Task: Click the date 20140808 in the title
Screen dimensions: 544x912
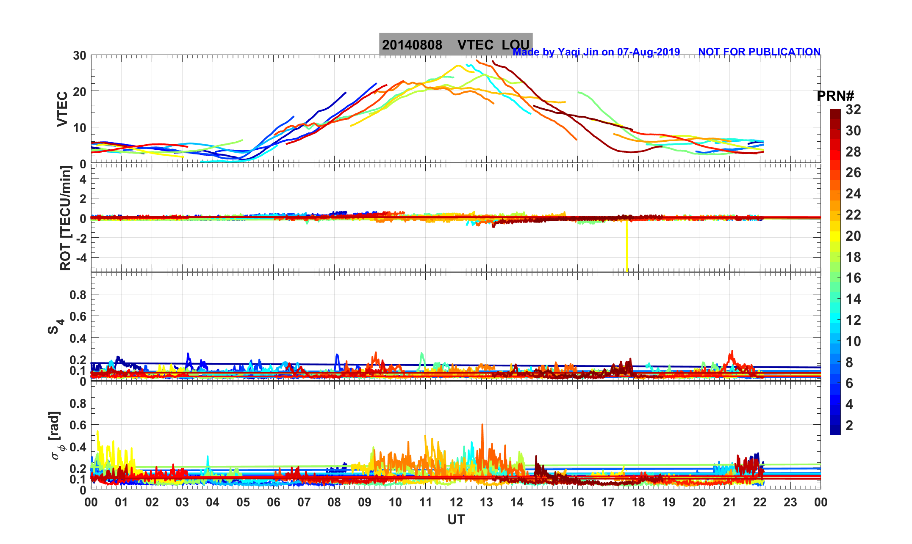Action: click(412, 45)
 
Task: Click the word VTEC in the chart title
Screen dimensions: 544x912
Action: click(475, 45)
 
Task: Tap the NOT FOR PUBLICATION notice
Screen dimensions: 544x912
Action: click(759, 52)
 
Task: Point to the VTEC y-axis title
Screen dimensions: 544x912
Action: click(62, 109)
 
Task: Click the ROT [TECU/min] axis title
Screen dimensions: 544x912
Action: click(65, 218)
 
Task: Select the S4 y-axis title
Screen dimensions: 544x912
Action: click(55, 327)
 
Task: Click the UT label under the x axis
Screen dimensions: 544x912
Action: click(456, 519)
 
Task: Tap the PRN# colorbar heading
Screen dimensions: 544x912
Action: click(835, 96)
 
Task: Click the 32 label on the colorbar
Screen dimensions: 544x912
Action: click(853, 110)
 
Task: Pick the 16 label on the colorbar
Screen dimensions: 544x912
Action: click(853, 278)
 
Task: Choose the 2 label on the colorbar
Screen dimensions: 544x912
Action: click(849, 425)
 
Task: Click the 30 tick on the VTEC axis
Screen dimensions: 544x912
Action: click(79, 55)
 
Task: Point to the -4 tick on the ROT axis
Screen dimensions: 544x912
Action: click(80, 258)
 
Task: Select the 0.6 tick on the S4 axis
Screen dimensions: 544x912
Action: click(78, 316)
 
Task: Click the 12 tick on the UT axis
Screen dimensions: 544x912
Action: click(456, 502)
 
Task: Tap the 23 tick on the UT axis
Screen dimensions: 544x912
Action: click(790, 502)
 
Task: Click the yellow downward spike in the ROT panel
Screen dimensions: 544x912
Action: click(627, 250)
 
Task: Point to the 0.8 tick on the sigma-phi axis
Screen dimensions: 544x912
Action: click(78, 403)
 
